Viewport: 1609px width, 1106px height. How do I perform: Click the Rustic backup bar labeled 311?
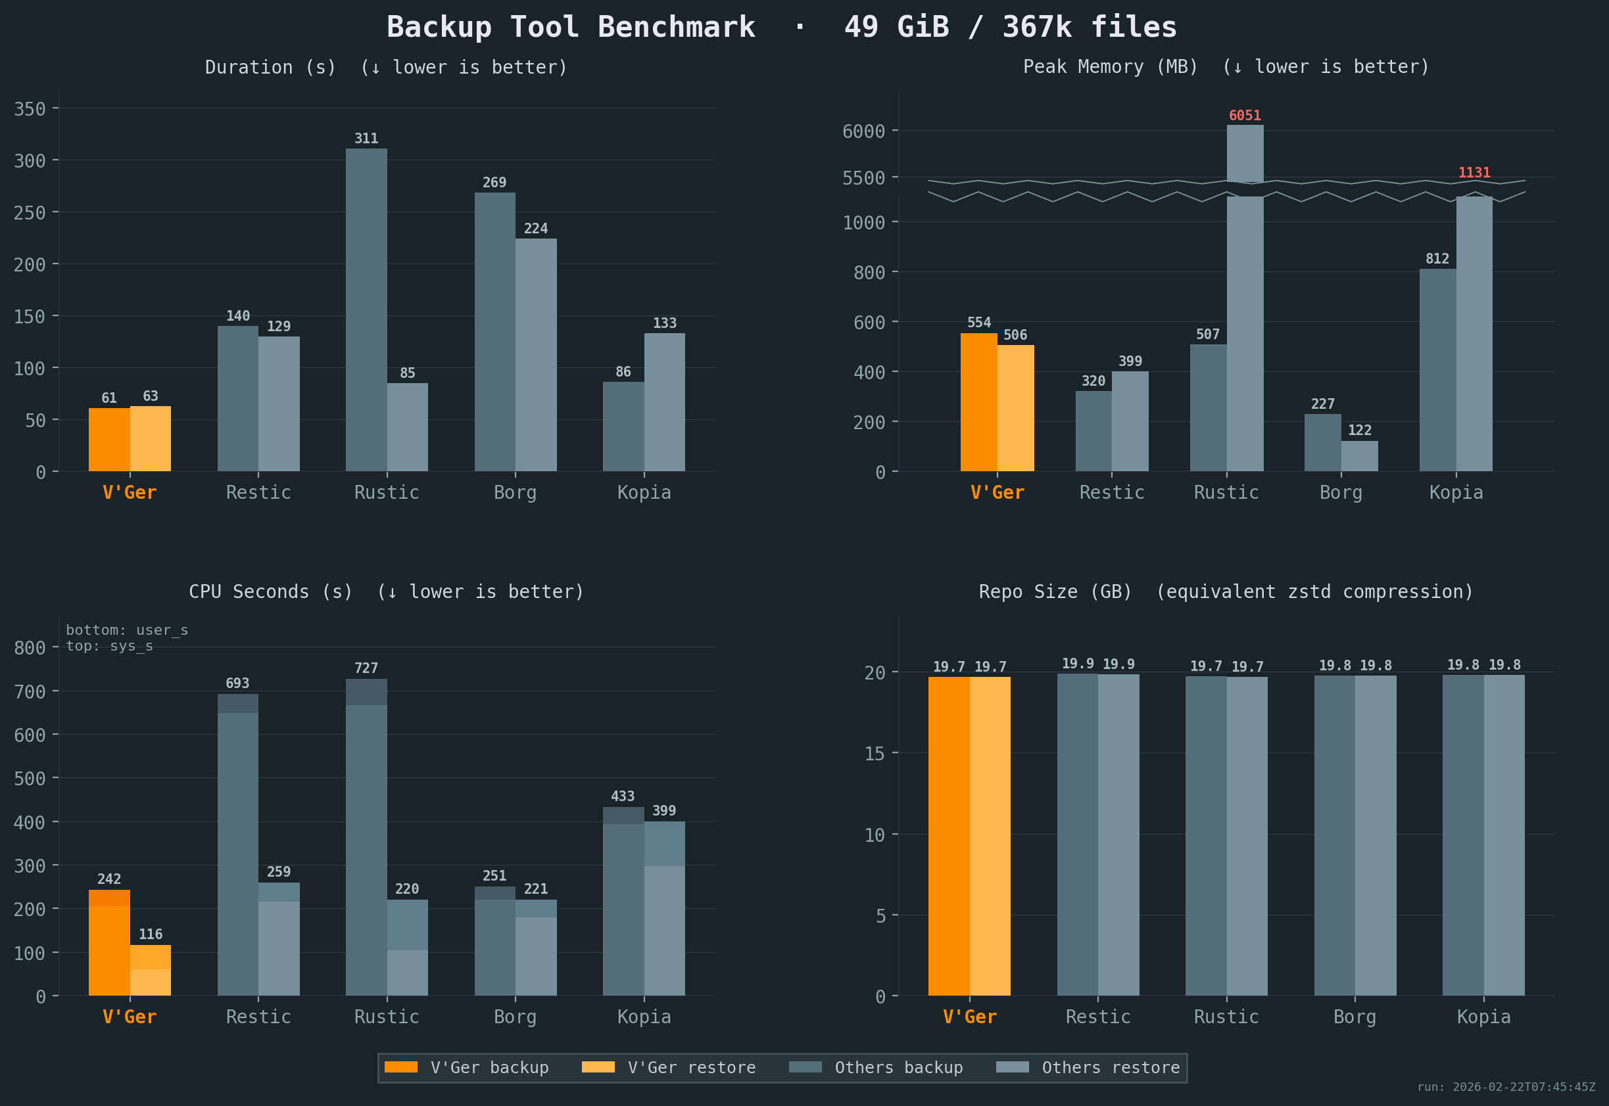366,309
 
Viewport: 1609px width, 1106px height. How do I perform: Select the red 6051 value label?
1244,116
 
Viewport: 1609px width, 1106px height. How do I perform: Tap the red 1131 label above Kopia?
1474,173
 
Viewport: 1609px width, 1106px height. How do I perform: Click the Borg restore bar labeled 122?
1358,456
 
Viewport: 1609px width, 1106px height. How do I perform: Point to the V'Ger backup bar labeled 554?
978,402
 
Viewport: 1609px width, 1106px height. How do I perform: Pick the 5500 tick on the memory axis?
864,178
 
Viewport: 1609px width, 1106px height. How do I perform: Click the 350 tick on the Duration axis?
30,109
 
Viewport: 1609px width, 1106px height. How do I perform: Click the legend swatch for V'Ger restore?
598,1067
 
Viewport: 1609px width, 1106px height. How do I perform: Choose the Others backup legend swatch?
805,1067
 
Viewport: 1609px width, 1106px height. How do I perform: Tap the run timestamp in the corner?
1506,1086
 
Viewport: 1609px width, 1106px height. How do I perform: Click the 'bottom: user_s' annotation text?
127,630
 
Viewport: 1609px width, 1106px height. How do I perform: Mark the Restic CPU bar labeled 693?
238,844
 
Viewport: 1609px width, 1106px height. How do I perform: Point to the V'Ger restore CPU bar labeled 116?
151,970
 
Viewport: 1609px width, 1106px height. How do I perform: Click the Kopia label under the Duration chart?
644,493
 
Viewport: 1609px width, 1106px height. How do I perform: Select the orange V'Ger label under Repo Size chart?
969,1017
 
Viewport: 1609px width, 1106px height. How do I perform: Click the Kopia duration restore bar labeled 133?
664,402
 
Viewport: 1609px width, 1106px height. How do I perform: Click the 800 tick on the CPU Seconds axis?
30,648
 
